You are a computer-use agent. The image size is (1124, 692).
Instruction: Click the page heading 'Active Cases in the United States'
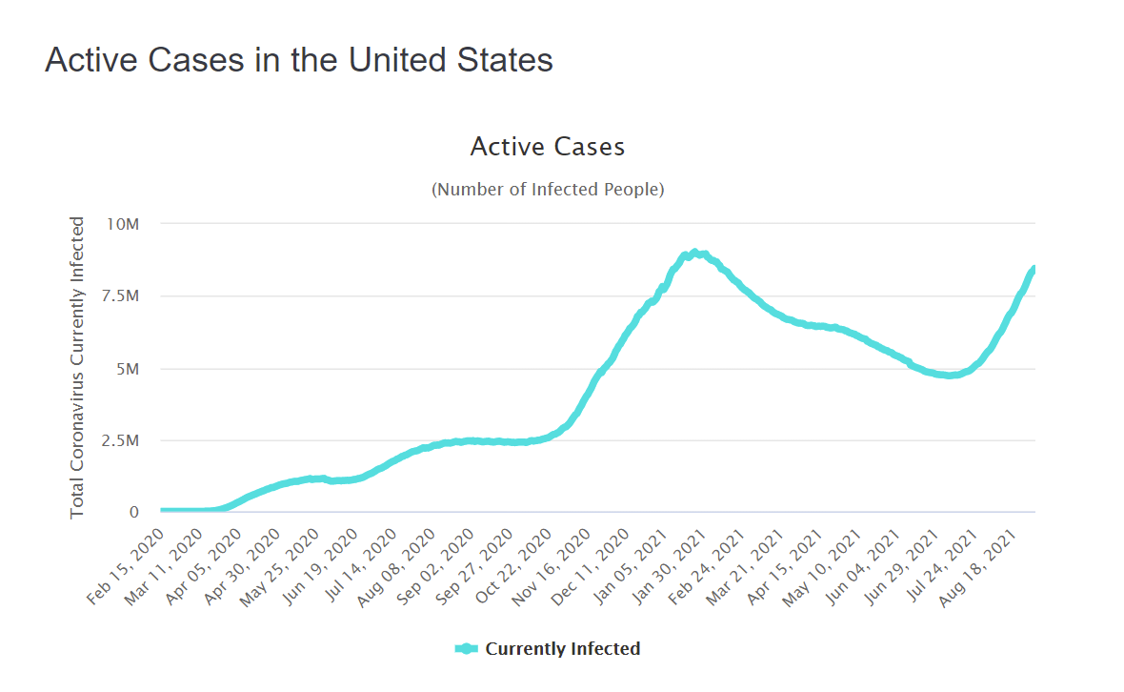(x=298, y=60)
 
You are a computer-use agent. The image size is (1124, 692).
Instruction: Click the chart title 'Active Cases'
(x=548, y=147)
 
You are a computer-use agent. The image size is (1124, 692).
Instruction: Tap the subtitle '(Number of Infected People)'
(x=548, y=189)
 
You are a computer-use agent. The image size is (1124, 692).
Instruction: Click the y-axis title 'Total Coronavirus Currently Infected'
(x=77, y=368)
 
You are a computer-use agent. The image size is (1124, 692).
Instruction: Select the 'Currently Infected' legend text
(x=563, y=649)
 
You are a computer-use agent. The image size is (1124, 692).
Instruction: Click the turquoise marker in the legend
(x=466, y=649)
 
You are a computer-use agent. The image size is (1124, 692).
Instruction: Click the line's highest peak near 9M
(x=693, y=253)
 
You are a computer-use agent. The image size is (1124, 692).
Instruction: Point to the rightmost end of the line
(x=1034, y=270)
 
